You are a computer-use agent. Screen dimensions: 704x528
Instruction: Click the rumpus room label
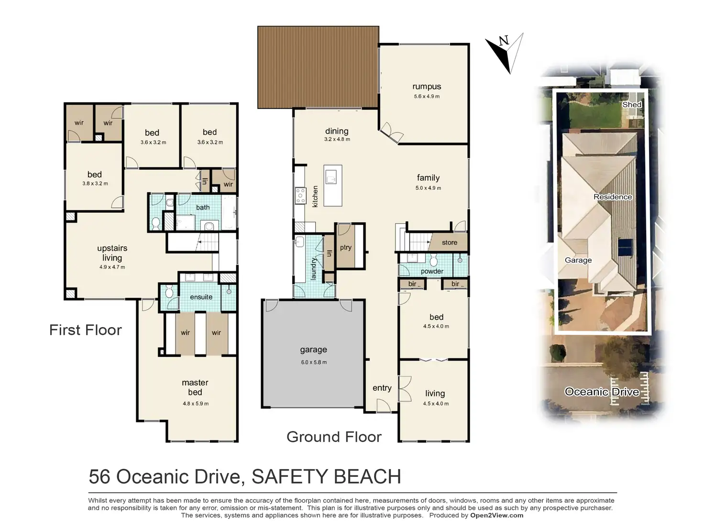pyautogui.click(x=427, y=87)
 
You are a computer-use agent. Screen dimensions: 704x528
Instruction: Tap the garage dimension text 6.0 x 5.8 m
pyautogui.click(x=314, y=362)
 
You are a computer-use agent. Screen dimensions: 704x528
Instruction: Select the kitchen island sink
pyautogui.click(x=331, y=177)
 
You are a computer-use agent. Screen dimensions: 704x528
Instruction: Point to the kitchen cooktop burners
pyautogui.click(x=300, y=196)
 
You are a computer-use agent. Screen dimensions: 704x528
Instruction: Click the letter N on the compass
pyautogui.click(x=504, y=41)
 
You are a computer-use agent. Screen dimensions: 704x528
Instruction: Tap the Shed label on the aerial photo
pyautogui.click(x=631, y=105)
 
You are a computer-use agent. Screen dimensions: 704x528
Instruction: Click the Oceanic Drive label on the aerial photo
pyautogui.click(x=602, y=392)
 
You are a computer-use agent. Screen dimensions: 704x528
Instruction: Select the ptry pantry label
pyautogui.click(x=346, y=247)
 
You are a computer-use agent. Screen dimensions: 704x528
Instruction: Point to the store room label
pyautogui.click(x=450, y=242)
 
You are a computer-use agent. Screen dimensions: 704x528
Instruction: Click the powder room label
pyautogui.click(x=432, y=271)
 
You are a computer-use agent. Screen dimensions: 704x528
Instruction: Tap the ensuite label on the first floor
pyautogui.click(x=201, y=297)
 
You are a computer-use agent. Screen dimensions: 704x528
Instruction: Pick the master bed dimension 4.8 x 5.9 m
pyautogui.click(x=196, y=404)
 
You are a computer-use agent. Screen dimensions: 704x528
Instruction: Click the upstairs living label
pyautogui.click(x=112, y=253)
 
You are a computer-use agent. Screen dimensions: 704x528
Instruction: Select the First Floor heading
pyautogui.click(x=85, y=330)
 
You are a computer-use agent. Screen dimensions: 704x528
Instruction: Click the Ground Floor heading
pyautogui.click(x=334, y=437)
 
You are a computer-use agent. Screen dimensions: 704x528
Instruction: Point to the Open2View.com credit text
pyautogui.click(x=497, y=516)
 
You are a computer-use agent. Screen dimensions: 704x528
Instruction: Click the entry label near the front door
pyautogui.click(x=382, y=388)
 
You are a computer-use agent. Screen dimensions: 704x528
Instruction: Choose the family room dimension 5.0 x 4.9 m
pyautogui.click(x=428, y=188)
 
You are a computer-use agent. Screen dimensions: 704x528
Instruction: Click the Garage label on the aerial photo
pyautogui.click(x=578, y=260)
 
